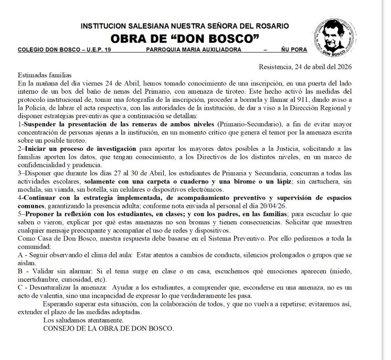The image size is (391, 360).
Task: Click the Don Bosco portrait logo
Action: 335,37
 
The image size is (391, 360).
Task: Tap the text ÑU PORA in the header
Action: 294,50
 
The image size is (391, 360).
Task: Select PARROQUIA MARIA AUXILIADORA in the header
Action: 193,50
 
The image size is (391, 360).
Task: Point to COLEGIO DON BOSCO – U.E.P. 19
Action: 64,50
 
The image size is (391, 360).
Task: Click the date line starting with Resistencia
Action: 305,66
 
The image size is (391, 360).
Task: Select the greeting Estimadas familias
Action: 45,75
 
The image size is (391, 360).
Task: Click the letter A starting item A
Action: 20,255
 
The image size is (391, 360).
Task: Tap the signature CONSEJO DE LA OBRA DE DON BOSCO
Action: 109,329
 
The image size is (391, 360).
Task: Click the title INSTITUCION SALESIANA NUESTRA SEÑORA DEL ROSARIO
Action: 185,26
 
